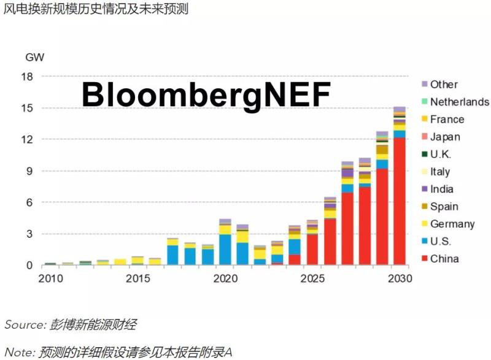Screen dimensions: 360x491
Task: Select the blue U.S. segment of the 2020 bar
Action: pos(225,250)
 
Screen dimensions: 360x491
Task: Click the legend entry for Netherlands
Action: pos(459,102)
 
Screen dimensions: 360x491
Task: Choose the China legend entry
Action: pos(444,259)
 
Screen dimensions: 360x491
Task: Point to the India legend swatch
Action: pos(423,189)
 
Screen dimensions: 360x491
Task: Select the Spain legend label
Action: pos(444,207)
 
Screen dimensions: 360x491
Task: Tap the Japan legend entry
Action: pos(444,137)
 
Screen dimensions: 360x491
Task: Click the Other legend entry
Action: pos(443,85)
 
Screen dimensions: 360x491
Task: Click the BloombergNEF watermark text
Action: pos(206,95)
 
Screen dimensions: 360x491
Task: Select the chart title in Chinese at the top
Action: pos(96,10)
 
